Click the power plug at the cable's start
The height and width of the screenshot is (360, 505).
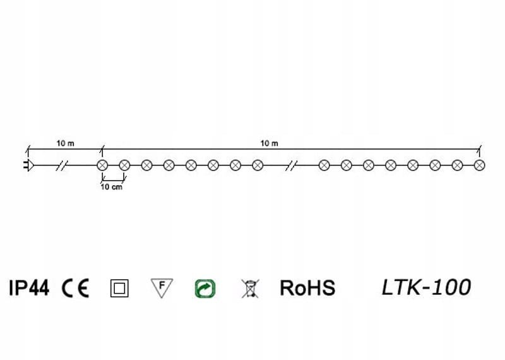tap(28, 165)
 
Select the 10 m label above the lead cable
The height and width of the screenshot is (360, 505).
tap(66, 143)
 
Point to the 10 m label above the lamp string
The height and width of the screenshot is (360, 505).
tap(270, 143)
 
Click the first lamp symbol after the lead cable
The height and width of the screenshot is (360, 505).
tap(102, 165)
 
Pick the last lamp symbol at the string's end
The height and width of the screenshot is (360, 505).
tap(479, 165)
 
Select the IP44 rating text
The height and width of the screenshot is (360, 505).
tap(28, 289)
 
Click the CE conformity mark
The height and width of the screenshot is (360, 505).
tap(76, 289)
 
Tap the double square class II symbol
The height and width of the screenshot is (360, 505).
tap(119, 289)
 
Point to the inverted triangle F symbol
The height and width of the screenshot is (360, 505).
tap(162, 287)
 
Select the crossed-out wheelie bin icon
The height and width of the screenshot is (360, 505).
tap(250, 289)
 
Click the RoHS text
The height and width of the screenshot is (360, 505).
tap(307, 289)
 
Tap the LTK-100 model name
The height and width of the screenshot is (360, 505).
tap(426, 288)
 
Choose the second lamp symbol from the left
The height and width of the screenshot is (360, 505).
tap(124, 165)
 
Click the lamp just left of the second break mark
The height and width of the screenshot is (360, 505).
tap(258, 165)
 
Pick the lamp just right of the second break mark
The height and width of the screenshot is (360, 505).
tap(324, 165)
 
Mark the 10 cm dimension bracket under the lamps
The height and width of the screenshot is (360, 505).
tap(113, 181)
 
